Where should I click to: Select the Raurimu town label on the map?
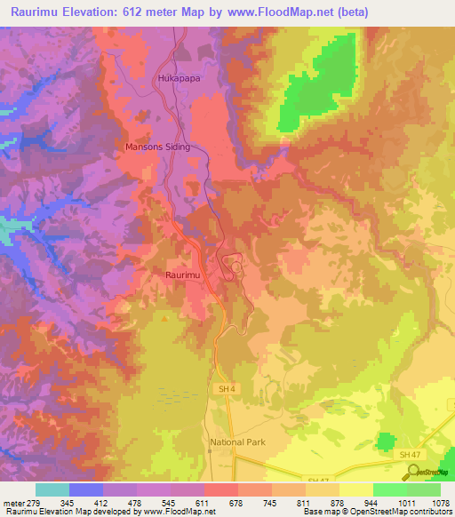(181, 276)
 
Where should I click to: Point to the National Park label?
(237, 441)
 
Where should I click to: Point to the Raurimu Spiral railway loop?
(235, 266)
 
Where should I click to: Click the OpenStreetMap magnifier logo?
(415, 471)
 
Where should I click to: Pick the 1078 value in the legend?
(440, 502)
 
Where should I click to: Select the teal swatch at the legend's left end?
(52, 489)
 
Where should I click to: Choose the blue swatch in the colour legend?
(86, 489)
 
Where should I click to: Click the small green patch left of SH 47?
(386, 442)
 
